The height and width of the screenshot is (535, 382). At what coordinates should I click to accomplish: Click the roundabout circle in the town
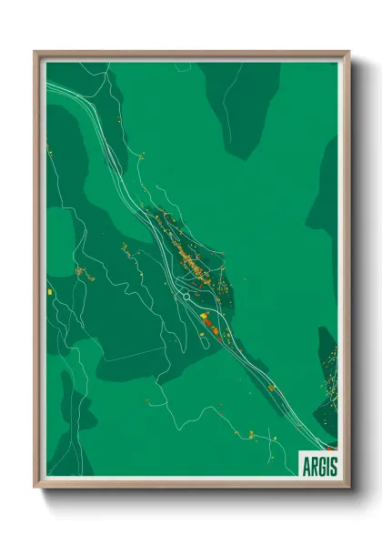coord(186,296)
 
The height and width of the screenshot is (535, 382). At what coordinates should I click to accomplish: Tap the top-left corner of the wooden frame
coord(36,53)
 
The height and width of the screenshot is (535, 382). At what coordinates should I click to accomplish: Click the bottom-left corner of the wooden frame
coord(36,485)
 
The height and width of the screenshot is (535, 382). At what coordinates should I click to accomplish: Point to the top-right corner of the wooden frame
coord(347,53)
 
